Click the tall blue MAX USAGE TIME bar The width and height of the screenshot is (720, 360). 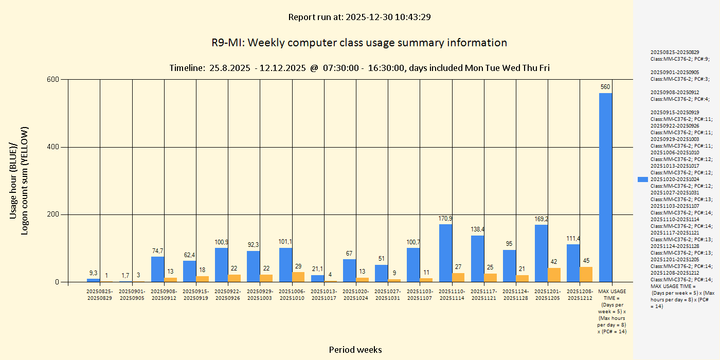pyautogui.click(x=605, y=187)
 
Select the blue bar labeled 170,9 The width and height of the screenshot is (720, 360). pyautogui.click(x=445, y=253)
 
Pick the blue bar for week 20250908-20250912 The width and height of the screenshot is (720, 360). pyautogui.click(x=158, y=269)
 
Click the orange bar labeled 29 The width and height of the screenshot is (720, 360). pyautogui.click(x=298, y=277)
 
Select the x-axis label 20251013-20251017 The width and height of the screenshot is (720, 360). pyautogui.click(x=324, y=295)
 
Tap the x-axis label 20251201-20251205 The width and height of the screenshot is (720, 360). pyautogui.click(x=548, y=295)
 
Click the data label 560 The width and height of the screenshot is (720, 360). pyautogui.click(x=605, y=87)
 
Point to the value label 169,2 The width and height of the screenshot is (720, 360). pyautogui.click(x=541, y=219)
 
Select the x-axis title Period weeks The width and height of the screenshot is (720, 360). pyautogui.click(x=355, y=350)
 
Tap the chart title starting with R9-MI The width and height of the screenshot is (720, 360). pyautogui.click(x=359, y=43)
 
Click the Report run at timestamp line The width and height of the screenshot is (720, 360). pyautogui.click(x=359, y=17)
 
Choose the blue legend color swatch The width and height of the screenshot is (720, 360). pyautogui.click(x=642, y=179)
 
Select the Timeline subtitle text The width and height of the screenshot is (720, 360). pyautogui.click(x=359, y=68)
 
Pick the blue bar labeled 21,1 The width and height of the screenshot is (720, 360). pyautogui.click(x=318, y=278)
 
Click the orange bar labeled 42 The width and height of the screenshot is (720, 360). pyautogui.click(x=554, y=275)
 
